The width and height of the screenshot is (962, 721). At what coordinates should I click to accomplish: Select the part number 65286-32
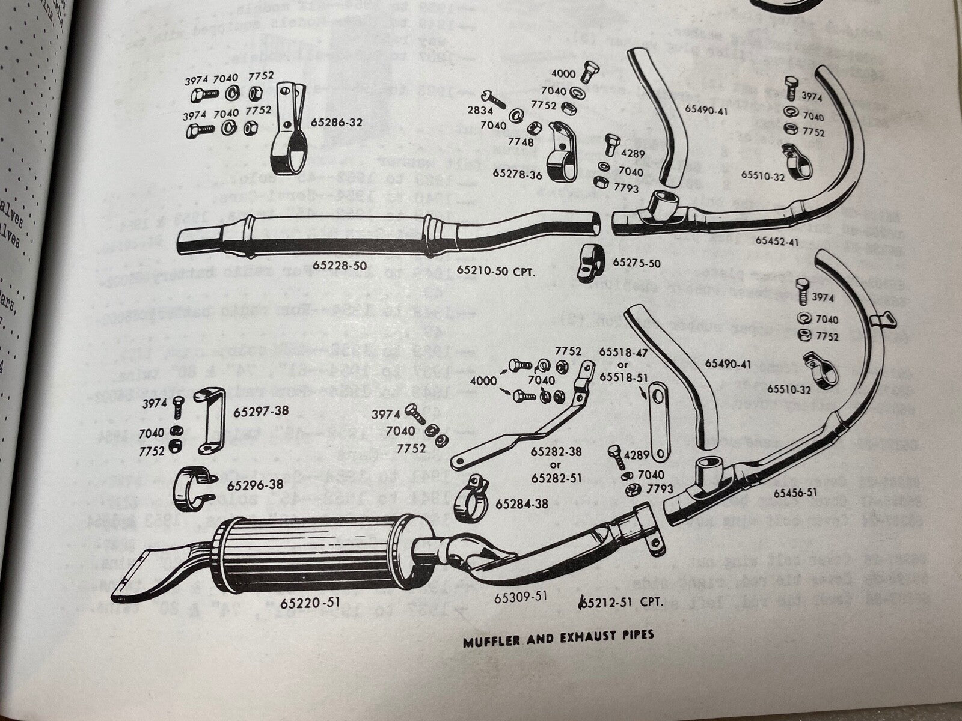(336, 122)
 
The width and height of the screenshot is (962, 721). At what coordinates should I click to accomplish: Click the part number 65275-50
(637, 263)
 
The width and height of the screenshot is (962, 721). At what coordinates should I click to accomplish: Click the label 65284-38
(522, 503)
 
